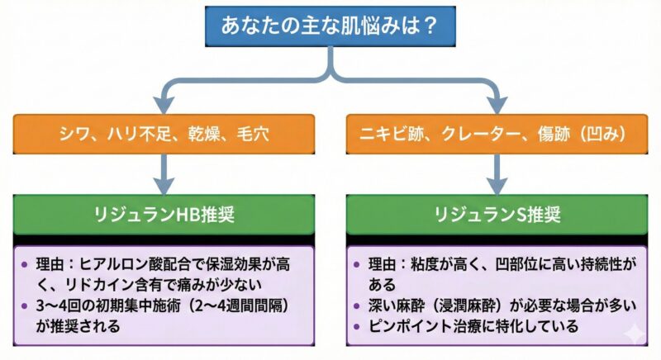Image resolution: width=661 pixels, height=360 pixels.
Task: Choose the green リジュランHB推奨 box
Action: click(x=164, y=215)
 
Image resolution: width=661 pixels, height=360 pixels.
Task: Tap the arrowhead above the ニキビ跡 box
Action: click(x=497, y=104)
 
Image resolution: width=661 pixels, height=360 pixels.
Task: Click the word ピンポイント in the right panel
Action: click(x=405, y=326)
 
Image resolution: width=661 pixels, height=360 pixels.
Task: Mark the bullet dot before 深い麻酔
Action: click(x=356, y=306)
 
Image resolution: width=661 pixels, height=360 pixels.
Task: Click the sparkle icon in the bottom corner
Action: click(x=633, y=334)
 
